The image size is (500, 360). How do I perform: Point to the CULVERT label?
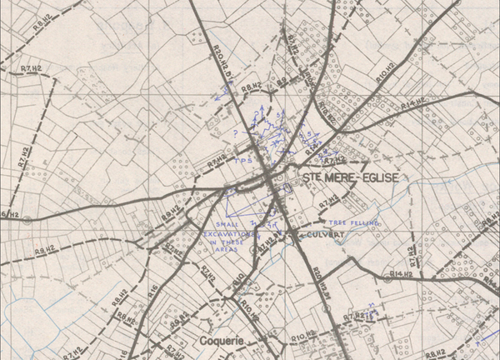[x=326, y=236]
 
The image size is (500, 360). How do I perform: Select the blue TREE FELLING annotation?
[x=354, y=223]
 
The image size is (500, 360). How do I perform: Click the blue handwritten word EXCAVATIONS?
[x=230, y=235]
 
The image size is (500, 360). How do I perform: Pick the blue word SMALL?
[x=226, y=225]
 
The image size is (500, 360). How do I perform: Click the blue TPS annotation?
[x=244, y=160]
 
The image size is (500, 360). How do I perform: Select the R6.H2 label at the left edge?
[x=8, y=215]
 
